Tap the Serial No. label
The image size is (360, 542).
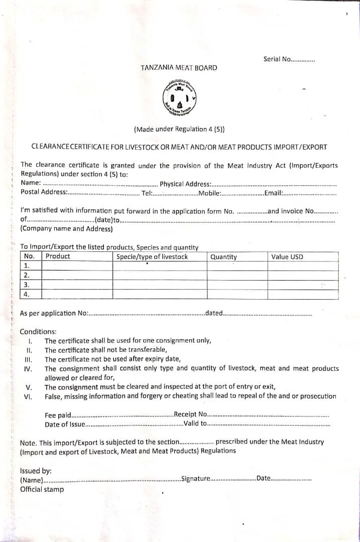277,59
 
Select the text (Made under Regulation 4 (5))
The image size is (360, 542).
179,129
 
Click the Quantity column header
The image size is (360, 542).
223,257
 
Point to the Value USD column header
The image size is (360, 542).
287,257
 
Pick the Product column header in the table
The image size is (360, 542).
58,256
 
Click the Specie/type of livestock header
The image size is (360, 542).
152,256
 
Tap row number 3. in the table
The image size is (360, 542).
27,285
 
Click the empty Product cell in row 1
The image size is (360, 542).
77,266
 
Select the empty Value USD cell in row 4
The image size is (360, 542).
302,294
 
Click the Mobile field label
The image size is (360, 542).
210,193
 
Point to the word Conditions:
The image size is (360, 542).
38,331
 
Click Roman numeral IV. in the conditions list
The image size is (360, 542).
28,369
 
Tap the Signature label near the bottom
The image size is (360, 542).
196,478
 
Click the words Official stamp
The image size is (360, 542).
42,489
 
